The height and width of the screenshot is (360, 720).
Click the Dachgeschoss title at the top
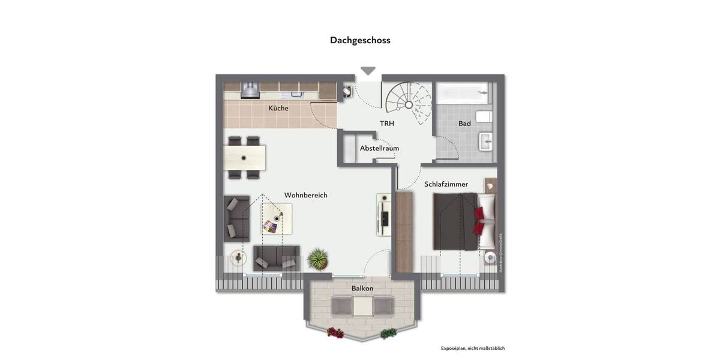(360, 40)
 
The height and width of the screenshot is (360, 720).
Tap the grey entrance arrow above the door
(368, 71)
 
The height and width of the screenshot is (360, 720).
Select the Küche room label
(278, 109)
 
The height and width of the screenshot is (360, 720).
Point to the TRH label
(387, 124)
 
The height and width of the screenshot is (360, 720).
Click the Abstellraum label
(379, 148)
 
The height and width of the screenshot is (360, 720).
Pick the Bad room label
(464, 124)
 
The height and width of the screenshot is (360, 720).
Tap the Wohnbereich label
(305, 195)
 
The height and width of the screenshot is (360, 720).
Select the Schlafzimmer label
(446, 184)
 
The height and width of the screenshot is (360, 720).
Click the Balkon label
(362, 289)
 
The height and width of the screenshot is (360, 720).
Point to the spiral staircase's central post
(408, 104)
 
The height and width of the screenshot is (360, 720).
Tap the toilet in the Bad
(484, 116)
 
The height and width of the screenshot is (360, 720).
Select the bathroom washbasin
(485, 143)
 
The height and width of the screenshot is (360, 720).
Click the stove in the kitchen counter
(250, 90)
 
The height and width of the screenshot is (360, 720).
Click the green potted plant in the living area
(318, 259)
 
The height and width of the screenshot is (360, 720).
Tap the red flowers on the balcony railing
(335, 332)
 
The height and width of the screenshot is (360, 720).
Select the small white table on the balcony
(362, 307)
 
